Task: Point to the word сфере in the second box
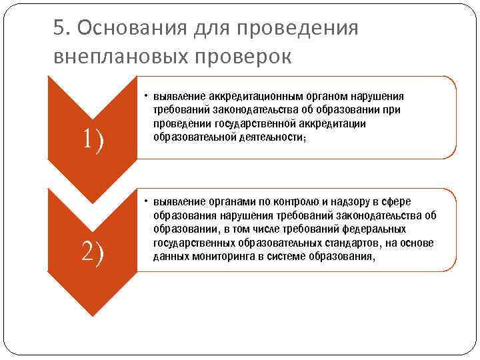click(x=397, y=201)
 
